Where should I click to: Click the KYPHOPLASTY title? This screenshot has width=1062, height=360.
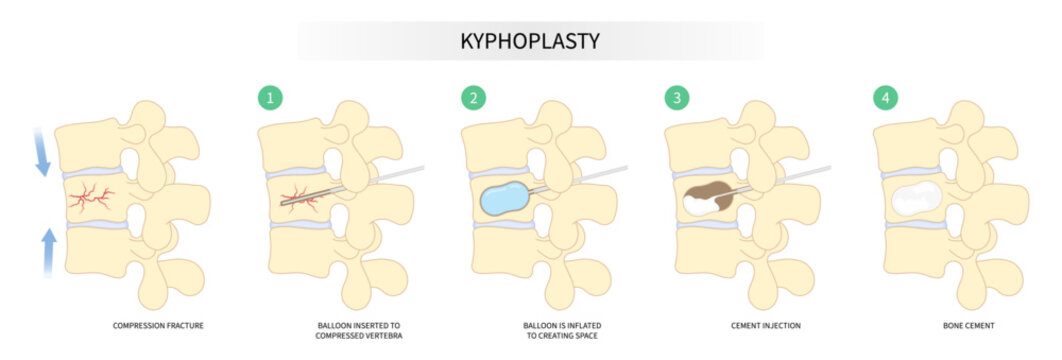click(530, 41)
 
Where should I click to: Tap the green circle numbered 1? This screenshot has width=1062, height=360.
click(270, 98)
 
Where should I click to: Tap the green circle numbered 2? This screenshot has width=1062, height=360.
click(473, 98)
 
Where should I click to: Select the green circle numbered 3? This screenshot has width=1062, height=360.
click(677, 98)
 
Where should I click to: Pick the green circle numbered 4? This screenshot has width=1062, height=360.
click(884, 98)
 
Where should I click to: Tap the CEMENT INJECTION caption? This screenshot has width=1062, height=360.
click(764, 327)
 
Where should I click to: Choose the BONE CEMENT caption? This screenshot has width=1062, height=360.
click(967, 327)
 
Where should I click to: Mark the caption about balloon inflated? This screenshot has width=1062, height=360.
click(562, 332)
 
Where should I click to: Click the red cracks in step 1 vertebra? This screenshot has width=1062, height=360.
click(300, 197)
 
